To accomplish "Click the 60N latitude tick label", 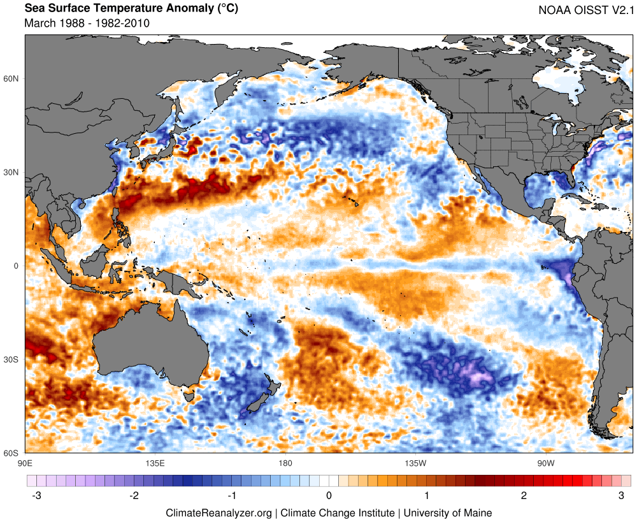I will [11, 79].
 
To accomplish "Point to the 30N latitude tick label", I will [11, 173].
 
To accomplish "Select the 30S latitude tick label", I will [11, 359].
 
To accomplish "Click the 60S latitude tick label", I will [11, 453].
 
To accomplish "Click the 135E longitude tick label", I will [155, 463].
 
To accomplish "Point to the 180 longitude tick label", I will [285, 463].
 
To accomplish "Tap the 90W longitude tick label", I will [545, 463].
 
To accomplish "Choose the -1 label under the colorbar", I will [231, 496].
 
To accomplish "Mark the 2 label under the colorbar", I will [524, 496].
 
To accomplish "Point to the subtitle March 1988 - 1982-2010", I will [87, 23].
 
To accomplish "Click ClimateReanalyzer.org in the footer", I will [218, 512].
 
